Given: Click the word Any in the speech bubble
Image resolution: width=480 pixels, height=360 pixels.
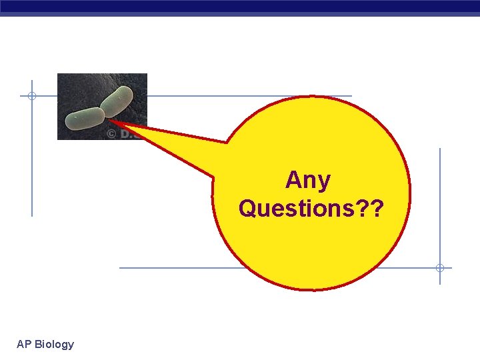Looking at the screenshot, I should [x=307, y=180].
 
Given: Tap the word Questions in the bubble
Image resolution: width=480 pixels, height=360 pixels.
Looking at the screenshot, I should [x=295, y=208].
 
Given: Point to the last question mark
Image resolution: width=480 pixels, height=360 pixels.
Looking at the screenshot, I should [x=377, y=208].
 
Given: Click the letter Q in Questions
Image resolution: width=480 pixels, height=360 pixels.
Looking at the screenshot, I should [x=247, y=208].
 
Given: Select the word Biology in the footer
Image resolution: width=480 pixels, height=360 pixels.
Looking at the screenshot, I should [x=54, y=344].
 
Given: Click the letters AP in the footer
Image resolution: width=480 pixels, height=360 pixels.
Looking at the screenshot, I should [x=24, y=344].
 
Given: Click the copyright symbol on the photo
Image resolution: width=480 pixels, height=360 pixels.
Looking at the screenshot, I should [x=111, y=133].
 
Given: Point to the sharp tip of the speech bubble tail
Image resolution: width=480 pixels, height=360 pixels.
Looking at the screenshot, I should [x=110, y=121].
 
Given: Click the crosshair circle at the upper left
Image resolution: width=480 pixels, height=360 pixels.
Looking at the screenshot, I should [x=31, y=96].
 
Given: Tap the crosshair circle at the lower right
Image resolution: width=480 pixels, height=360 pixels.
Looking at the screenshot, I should [x=440, y=268].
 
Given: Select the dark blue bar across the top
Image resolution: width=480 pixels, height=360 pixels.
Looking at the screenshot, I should [x=240, y=6].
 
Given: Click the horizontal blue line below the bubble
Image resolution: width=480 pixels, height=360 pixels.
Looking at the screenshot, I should [x=173, y=268].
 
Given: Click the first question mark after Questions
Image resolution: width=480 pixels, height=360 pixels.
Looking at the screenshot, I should [x=362, y=208].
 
